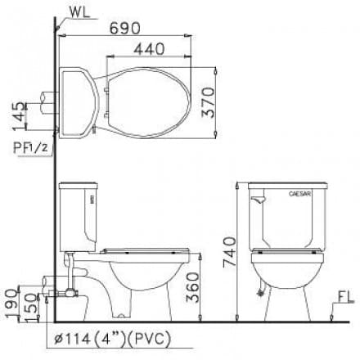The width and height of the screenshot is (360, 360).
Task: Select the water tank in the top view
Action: pos(80,101)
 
